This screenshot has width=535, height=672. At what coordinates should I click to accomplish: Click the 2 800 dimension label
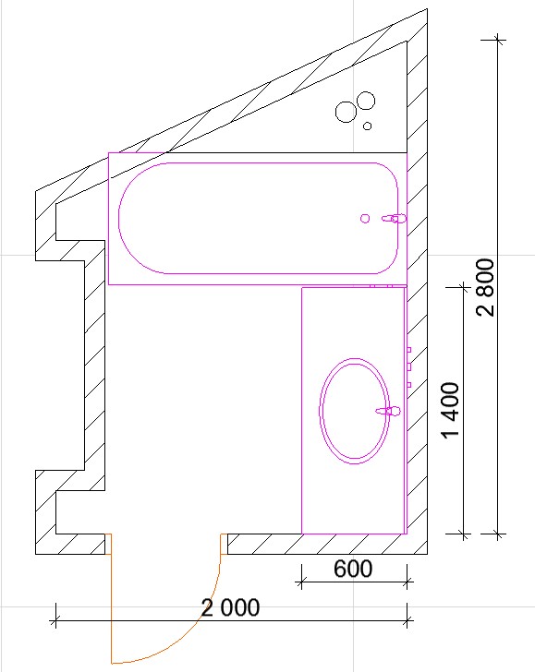pyautogui.click(x=485, y=287)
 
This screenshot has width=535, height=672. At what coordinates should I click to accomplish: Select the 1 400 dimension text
pyautogui.click(x=451, y=411)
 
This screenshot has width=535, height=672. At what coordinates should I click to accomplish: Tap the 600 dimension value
pyautogui.click(x=353, y=569)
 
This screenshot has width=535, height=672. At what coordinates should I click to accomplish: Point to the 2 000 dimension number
pyautogui.click(x=230, y=607)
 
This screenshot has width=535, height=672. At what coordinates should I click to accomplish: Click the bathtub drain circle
pyautogui.click(x=365, y=219)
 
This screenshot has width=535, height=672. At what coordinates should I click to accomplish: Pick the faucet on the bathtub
pyautogui.click(x=394, y=219)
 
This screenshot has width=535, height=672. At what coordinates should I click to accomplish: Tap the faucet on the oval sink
pyautogui.click(x=388, y=411)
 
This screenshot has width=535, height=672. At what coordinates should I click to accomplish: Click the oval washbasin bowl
pyautogui.click(x=355, y=411)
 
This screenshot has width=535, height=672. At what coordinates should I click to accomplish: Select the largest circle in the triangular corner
pyautogui.click(x=346, y=113)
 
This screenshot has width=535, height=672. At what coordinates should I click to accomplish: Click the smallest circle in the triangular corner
pyautogui.click(x=367, y=126)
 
